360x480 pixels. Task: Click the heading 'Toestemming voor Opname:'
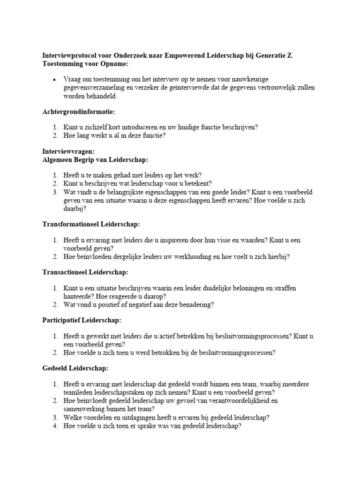85,64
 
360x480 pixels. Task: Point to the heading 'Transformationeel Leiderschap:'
91,225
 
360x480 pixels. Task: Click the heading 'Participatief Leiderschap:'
82,320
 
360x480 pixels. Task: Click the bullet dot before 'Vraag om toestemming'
55,80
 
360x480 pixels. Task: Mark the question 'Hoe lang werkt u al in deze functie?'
114,136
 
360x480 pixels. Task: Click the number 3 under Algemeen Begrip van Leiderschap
55,192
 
